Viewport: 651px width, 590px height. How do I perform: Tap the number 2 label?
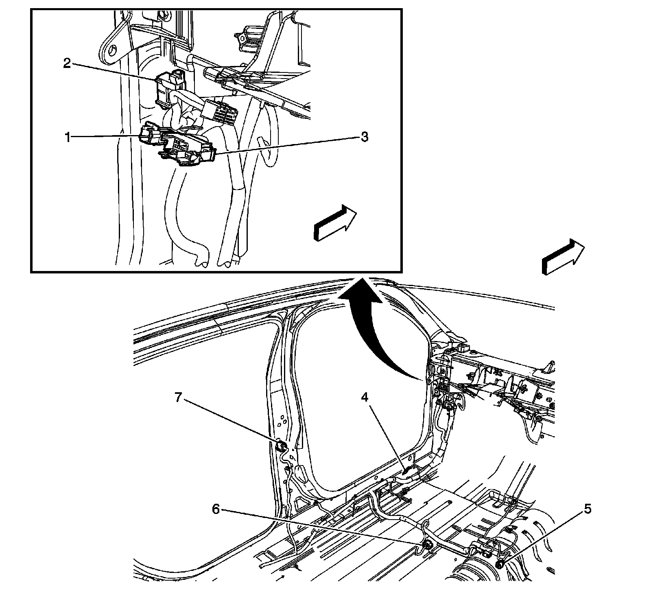67,63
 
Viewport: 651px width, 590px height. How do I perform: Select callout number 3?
364,137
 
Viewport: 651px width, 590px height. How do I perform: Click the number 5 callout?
586,509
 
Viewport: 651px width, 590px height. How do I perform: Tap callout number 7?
178,398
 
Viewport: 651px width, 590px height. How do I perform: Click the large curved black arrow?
366,321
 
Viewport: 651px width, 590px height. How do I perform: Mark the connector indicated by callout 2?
170,87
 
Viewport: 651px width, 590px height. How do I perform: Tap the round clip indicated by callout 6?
428,545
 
